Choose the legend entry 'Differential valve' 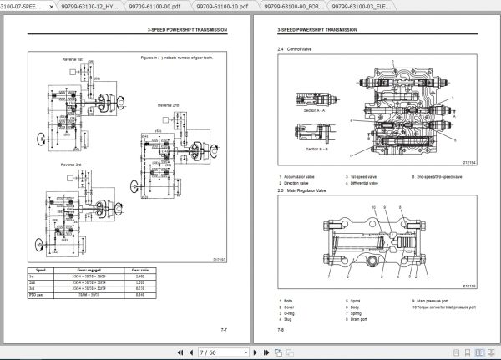point(368,182)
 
